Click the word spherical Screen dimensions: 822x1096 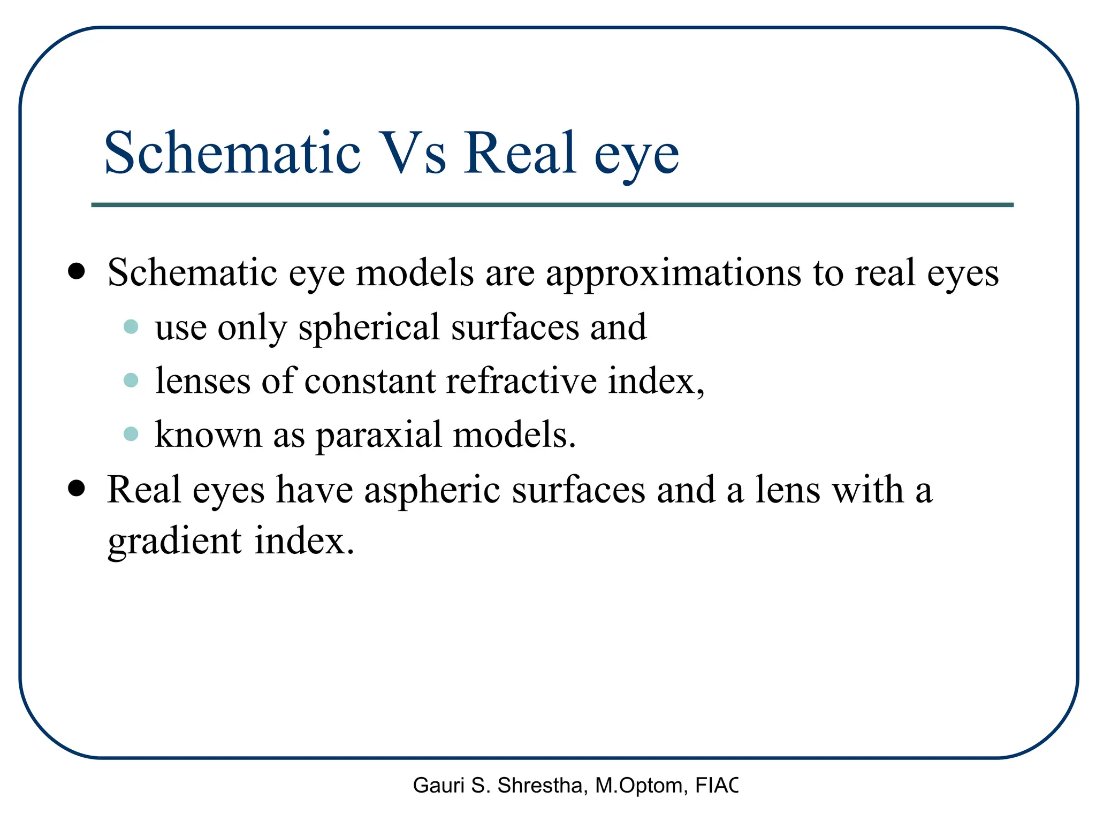369,328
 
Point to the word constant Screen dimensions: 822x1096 370,381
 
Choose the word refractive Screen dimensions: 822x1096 521,381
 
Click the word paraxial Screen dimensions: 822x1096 378,435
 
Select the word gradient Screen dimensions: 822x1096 174,542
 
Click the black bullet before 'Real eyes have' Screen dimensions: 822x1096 77,488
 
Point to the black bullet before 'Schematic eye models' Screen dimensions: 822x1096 77,271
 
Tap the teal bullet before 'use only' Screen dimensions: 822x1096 131,326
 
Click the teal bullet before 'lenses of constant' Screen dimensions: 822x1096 131,380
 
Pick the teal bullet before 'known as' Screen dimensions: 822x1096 131,433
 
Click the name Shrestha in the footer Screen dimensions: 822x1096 543,786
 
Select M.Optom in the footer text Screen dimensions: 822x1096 640,786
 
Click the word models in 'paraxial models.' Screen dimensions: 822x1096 514,435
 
